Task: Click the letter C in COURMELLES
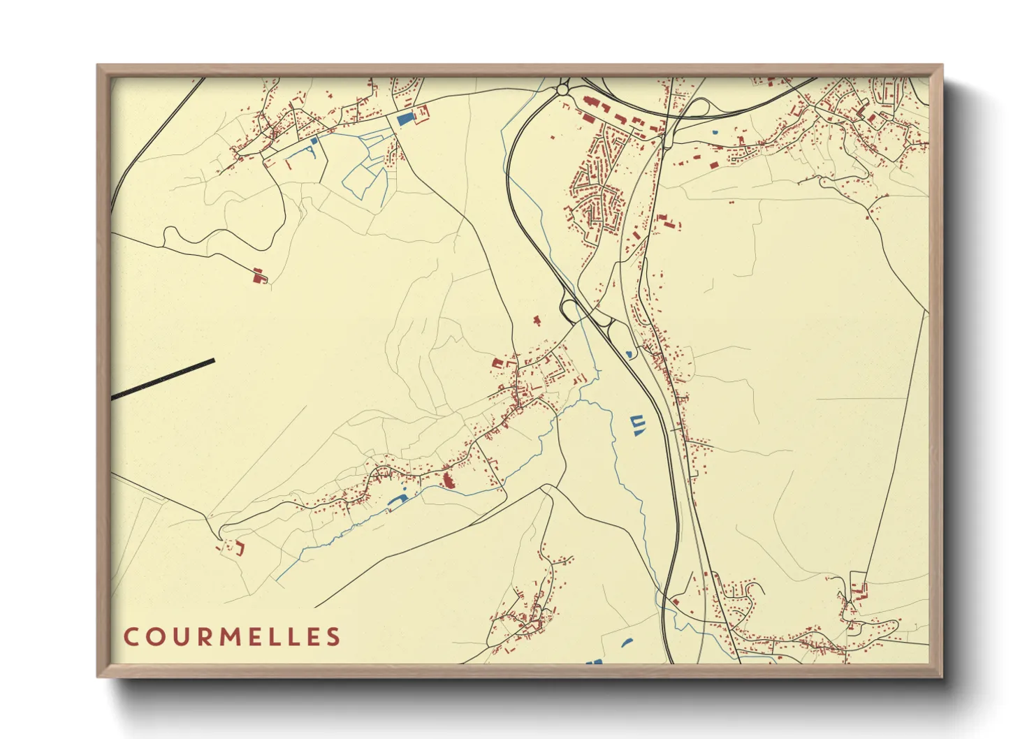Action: click(130, 636)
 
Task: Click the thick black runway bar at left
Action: click(163, 378)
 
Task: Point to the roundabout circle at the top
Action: click(562, 89)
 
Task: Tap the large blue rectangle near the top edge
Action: click(405, 118)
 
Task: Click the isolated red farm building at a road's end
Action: click(259, 277)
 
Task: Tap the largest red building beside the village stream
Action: click(446, 480)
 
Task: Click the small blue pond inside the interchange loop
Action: click(629, 354)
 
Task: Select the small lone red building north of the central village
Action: click(537, 321)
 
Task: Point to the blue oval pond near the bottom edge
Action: click(627, 643)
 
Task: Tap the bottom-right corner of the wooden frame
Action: click(941, 675)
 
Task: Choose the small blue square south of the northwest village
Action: click(314, 140)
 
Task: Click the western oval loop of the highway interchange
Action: click(569, 308)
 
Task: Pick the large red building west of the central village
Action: click(498, 363)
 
